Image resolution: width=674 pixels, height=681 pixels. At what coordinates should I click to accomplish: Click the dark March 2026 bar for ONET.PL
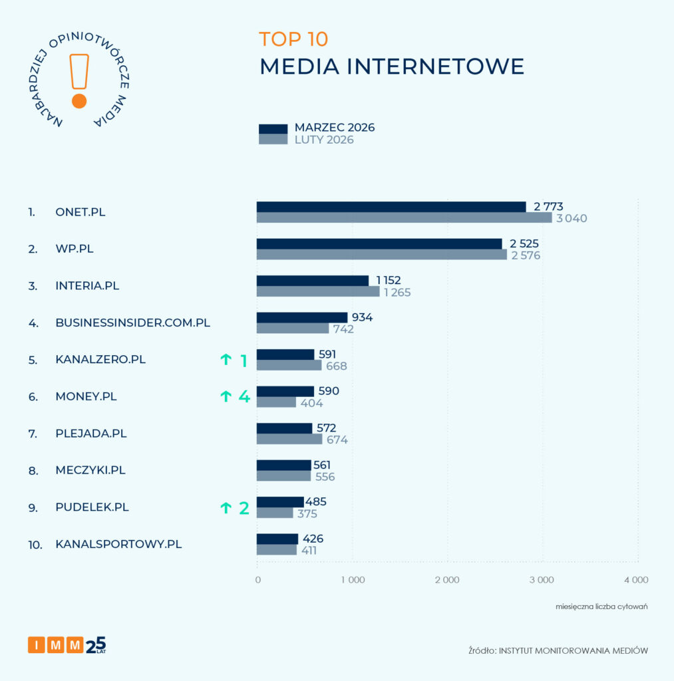tap(391, 207)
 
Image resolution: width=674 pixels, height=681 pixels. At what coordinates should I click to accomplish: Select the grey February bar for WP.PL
tap(381, 255)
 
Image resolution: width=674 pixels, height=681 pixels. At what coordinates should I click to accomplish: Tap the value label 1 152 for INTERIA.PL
tap(389, 281)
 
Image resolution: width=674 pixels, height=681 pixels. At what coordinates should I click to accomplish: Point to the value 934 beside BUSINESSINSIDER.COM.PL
tap(362, 317)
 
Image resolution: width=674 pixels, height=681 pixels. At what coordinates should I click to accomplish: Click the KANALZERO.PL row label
tap(100, 360)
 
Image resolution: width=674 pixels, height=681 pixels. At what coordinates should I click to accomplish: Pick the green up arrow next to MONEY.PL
tap(226, 397)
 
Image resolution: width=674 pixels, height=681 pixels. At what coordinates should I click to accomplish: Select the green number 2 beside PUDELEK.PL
tap(244, 508)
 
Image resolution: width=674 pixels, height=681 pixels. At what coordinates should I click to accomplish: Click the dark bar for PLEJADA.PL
tap(284, 428)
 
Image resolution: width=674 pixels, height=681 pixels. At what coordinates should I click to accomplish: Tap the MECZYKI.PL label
tap(90, 470)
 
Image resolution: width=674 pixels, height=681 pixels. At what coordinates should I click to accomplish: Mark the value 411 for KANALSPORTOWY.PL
tap(307, 550)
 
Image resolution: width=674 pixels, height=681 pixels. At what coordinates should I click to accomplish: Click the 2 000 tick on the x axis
tap(446, 580)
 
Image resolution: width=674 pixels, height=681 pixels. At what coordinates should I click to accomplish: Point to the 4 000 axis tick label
tap(635, 580)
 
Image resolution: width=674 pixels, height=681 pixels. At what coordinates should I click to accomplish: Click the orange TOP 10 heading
tap(293, 39)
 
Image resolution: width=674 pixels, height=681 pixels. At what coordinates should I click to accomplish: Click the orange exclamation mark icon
tap(79, 81)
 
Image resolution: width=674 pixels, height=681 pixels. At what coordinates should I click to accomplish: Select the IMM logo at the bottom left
tap(67, 644)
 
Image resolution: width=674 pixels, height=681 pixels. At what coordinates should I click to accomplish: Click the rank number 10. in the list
tap(35, 545)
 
